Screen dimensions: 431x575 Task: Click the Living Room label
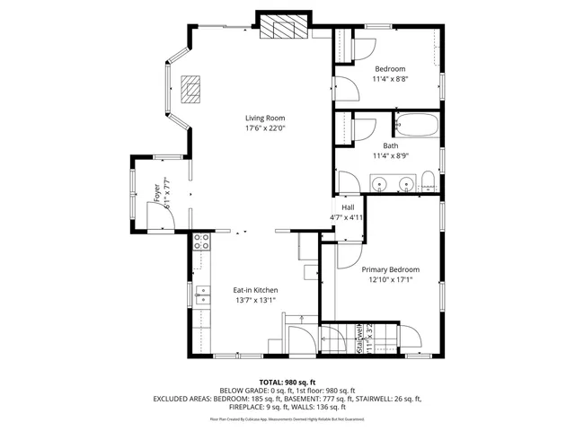click(x=265, y=118)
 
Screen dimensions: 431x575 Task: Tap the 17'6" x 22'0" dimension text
click(x=265, y=128)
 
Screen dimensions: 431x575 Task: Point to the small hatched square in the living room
click(x=190, y=89)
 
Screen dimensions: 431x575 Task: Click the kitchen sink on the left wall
click(x=203, y=292)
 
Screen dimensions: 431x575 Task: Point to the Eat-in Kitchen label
click(x=255, y=290)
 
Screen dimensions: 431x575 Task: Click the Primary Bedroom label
click(x=390, y=269)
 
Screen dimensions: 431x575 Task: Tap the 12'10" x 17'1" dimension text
click(x=390, y=280)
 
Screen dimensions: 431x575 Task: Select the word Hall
click(x=347, y=207)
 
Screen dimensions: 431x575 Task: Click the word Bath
click(x=390, y=145)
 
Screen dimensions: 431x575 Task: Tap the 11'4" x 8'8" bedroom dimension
click(x=390, y=79)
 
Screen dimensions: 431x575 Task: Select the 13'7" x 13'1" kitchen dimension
click(x=255, y=301)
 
